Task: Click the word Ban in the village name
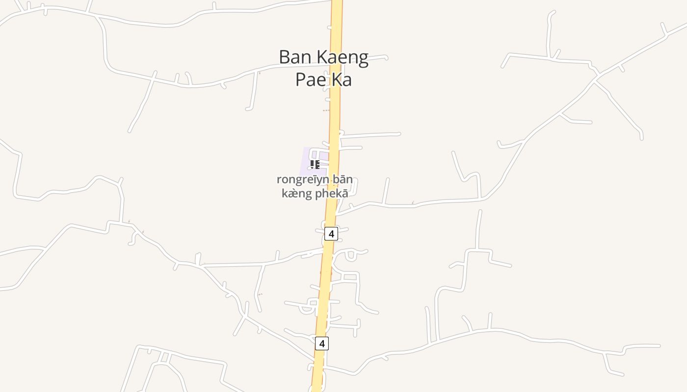tap(294, 57)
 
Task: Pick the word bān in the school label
tap(342, 179)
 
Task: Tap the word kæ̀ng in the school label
tap(296, 193)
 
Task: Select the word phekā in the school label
tap(332, 193)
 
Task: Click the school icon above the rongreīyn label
tap(315, 164)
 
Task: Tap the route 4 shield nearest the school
tap(331, 234)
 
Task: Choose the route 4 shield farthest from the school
tap(322, 343)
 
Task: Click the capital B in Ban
tap(284, 57)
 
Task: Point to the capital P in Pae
tap(300, 79)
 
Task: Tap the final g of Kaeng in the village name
tap(363, 59)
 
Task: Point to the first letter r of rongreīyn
tap(279, 180)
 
